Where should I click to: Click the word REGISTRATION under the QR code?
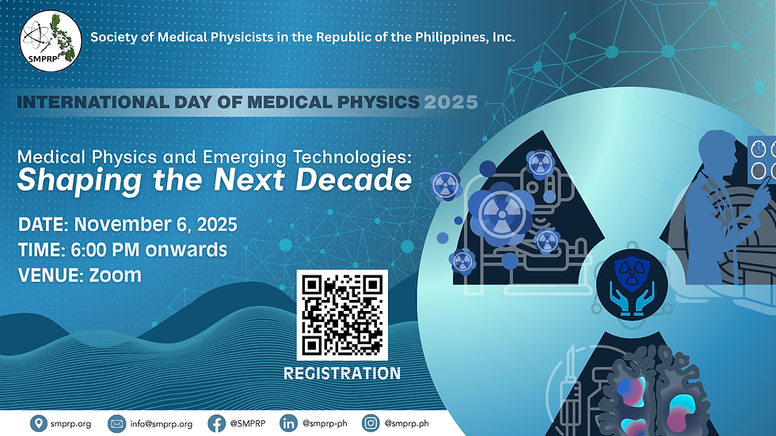(342, 372)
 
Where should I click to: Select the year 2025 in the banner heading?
(451, 101)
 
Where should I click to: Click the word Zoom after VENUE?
(116, 275)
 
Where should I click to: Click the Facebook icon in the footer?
(215, 423)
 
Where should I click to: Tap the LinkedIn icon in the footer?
(288, 423)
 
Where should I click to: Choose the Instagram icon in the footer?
(369, 423)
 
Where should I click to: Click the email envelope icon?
(116, 423)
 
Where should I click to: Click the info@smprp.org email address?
(161, 424)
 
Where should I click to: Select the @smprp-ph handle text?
(325, 424)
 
